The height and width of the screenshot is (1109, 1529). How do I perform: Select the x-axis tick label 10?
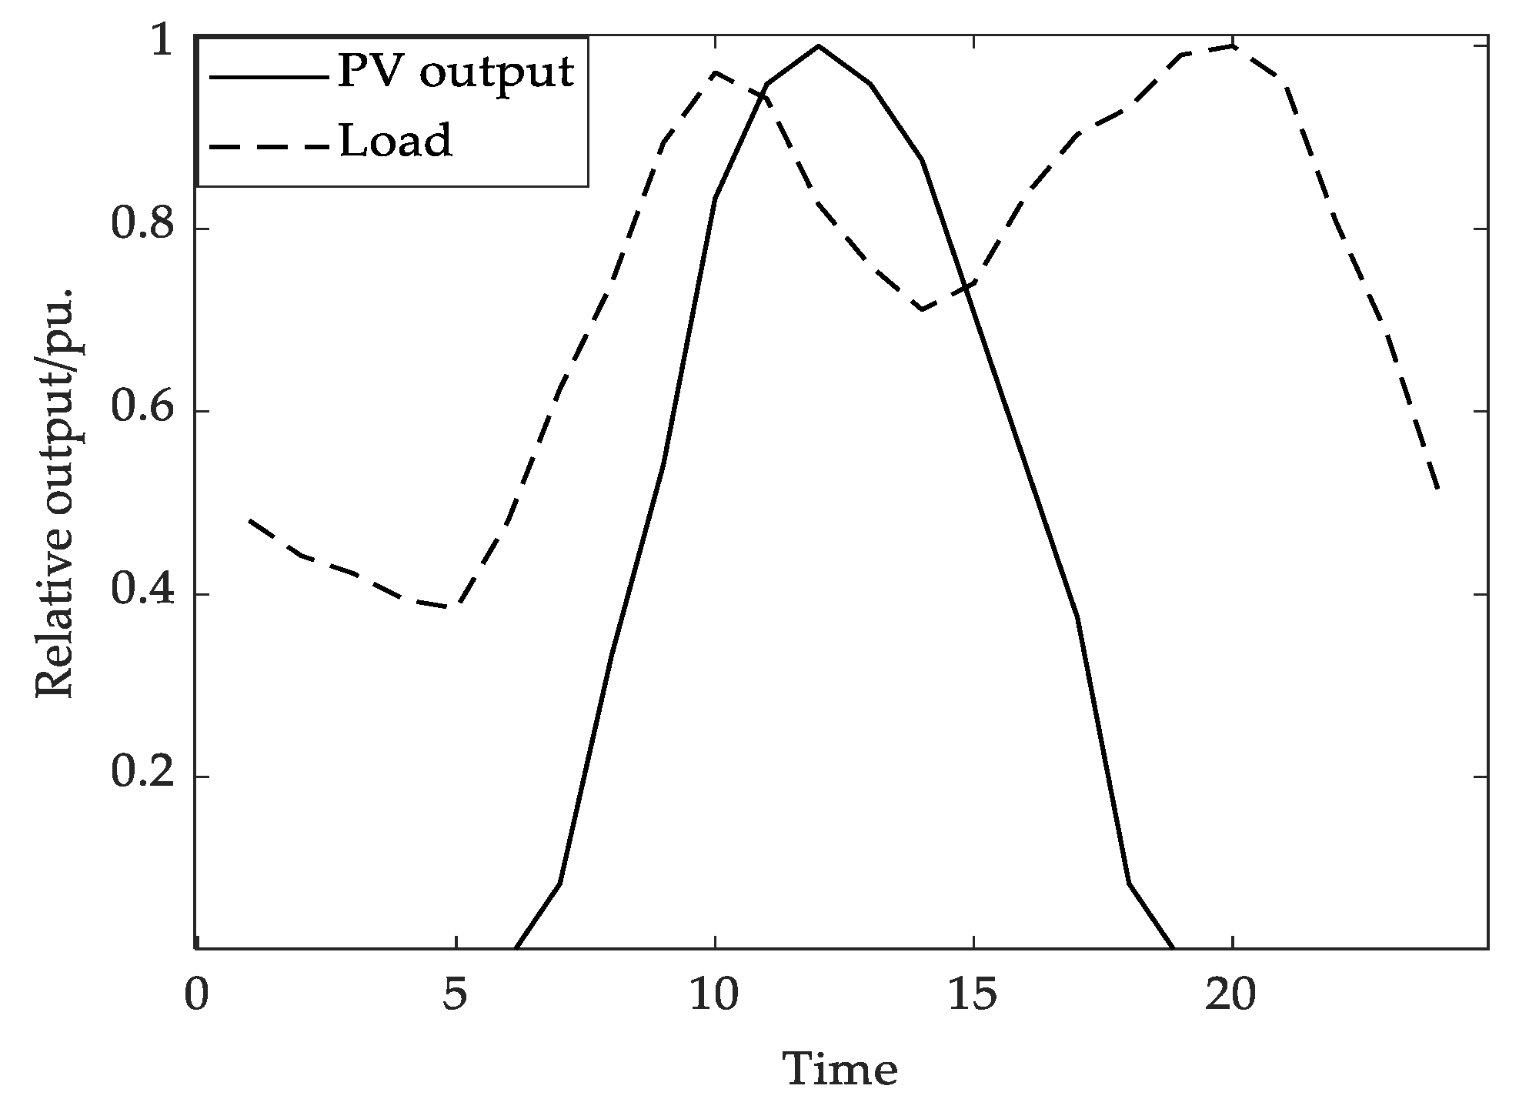[x=714, y=996]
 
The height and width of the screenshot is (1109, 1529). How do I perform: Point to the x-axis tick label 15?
[x=973, y=996]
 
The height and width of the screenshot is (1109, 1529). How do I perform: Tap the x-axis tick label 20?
[x=1231, y=996]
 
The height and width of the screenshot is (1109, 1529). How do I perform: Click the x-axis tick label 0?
[x=197, y=996]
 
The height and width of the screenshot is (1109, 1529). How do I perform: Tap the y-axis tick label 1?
[x=162, y=45]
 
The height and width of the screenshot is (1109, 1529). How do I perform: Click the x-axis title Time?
[x=840, y=1069]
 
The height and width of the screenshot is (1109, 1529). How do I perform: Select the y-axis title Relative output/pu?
[x=55, y=493]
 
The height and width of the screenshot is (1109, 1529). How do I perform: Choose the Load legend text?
[x=396, y=142]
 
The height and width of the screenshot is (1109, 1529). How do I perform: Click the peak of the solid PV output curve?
[x=818, y=46]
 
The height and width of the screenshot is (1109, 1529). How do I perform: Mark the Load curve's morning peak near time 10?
[x=716, y=72]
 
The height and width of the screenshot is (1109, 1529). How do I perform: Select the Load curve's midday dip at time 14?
[x=922, y=309]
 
